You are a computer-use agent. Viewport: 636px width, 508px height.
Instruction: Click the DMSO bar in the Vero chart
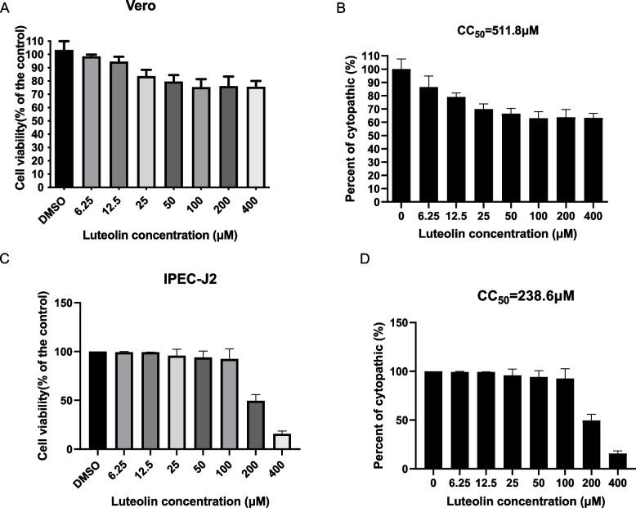point(63,119)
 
